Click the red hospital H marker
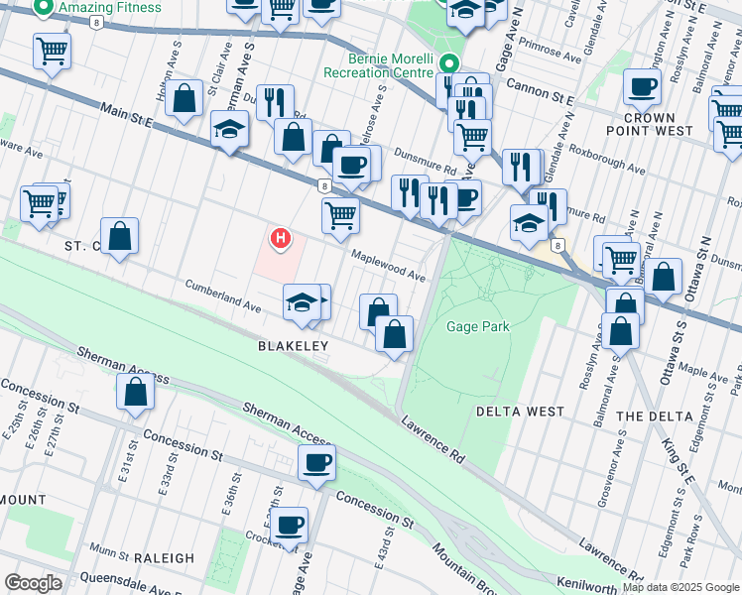tap(282, 238)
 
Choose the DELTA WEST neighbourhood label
tap(520, 411)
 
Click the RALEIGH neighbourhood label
tap(156, 558)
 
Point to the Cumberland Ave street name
tap(223, 296)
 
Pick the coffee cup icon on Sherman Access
tap(316, 461)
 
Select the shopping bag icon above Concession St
tap(135, 392)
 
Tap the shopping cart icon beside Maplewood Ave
tap(340, 214)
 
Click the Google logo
tap(34, 582)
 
